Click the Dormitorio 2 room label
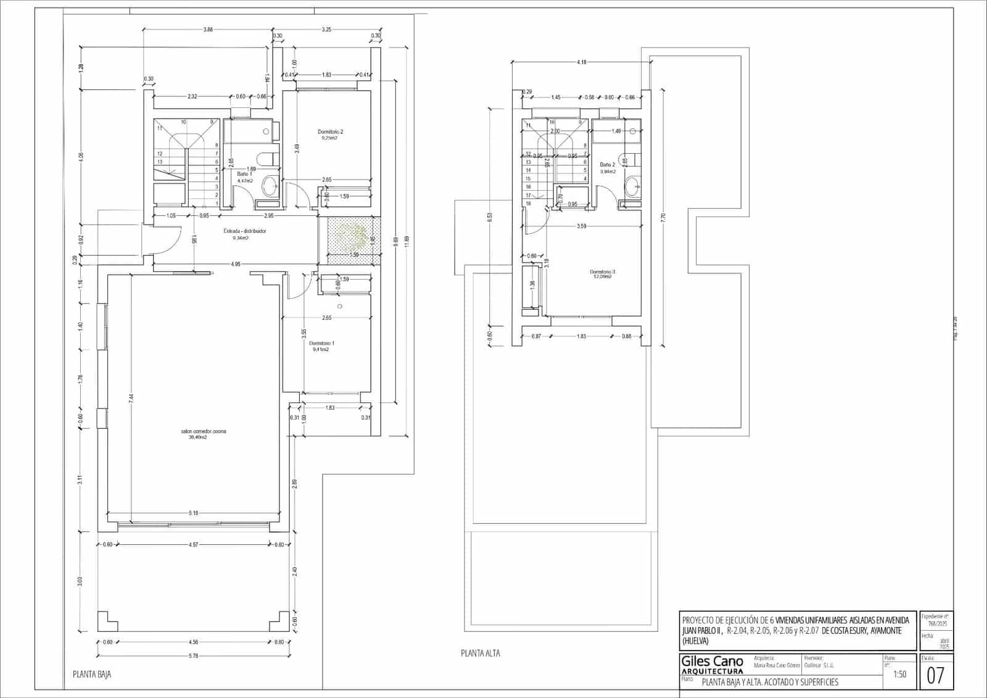tap(330, 132)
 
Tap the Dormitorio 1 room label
tap(321, 344)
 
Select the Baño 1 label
tap(245, 175)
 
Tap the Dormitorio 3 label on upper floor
tap(602, 272)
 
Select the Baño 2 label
tap(607, 165)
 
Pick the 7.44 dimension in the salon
tap(131, 399)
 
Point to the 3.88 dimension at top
tap(208, 30)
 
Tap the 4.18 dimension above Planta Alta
tap(581, 62)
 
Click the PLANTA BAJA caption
tap(92, 675)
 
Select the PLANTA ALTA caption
tap(481, 653)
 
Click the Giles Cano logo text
tap(712, 662)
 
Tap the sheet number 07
tap(935, 676)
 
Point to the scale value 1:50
tap(899, 675)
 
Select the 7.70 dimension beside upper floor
tap(663, 217)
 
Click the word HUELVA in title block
tap(696, 641)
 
